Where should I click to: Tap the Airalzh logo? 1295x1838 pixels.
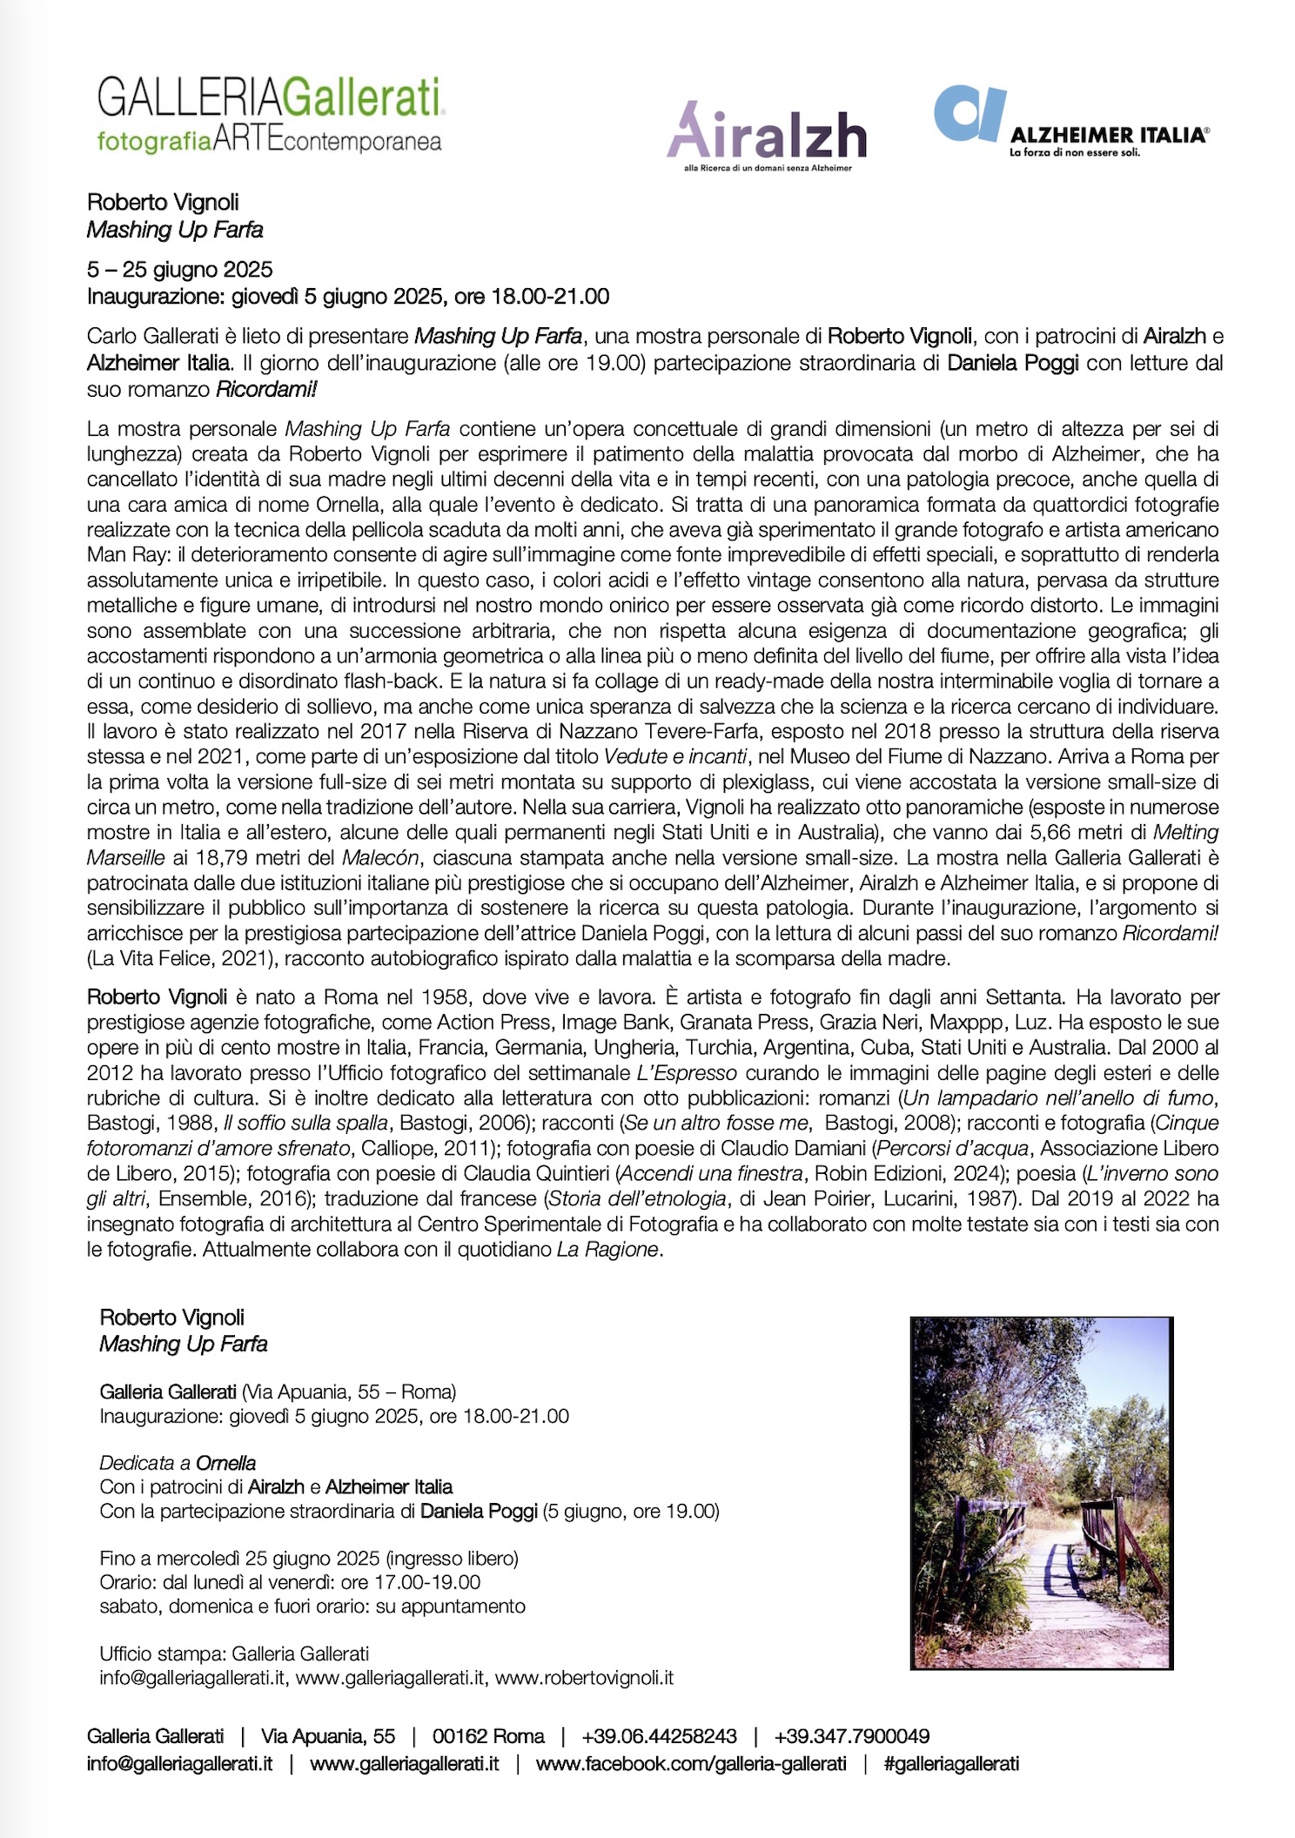point(767,138)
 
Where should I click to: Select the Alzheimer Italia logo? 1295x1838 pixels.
point(1070,122)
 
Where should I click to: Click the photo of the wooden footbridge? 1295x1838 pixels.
point(1041,1493)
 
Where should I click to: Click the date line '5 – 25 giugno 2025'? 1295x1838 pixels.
point(180,270)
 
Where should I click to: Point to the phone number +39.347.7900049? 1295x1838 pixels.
point(851,1736)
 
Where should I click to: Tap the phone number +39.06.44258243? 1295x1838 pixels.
point(659,1736)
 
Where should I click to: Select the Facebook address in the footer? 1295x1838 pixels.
point(691,1763)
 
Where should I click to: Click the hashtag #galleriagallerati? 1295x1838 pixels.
point(950,1763)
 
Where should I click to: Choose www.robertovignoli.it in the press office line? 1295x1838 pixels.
point(584,1677)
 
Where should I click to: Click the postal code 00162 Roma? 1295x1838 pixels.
point(488,1736)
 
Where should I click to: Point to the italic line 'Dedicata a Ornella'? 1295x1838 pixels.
point(178,1463)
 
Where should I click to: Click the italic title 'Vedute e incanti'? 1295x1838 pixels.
point(675,756)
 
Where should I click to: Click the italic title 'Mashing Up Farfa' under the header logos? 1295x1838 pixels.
point(175,230)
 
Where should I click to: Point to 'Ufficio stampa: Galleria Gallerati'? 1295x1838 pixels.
point(234,1654)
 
